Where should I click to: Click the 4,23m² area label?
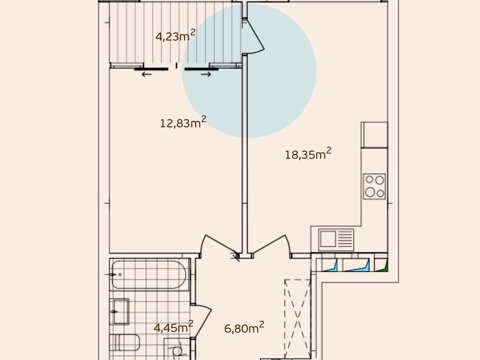point(175,35)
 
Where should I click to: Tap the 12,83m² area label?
point(183,122)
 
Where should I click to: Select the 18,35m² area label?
point(308,153)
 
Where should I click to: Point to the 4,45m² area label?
point(173,326)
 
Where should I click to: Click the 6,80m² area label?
point(244,327)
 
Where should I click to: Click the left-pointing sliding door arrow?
point(146,74)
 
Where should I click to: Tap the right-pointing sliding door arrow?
point(206,74)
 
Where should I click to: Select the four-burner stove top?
point(374,186)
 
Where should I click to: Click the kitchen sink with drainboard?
point(336,239)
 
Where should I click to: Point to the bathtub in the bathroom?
point(149,274)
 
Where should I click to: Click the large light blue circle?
point(249,70)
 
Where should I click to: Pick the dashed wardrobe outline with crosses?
point(297,318)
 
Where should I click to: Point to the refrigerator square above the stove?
point(374,134)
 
